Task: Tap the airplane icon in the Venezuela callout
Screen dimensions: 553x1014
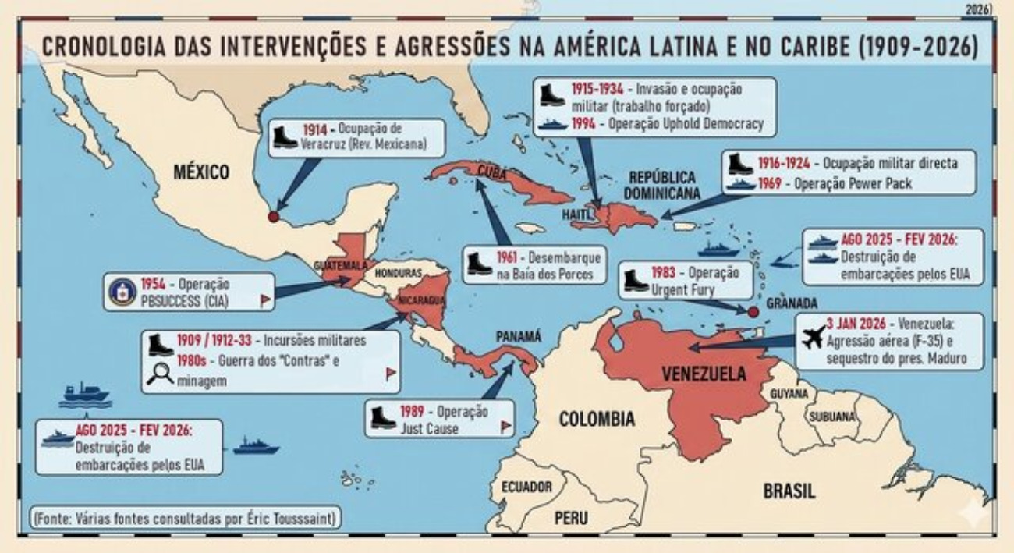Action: tap(814, 339)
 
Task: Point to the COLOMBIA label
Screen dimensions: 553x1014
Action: tap(597, 419)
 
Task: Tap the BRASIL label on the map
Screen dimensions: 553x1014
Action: tap(789, 491)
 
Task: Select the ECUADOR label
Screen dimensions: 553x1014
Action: tap(526, 487)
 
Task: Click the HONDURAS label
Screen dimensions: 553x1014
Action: tap(398, 274)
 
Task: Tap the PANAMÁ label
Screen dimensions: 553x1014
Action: tap(518, 336)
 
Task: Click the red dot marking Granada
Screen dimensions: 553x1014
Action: tap(753, 312)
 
